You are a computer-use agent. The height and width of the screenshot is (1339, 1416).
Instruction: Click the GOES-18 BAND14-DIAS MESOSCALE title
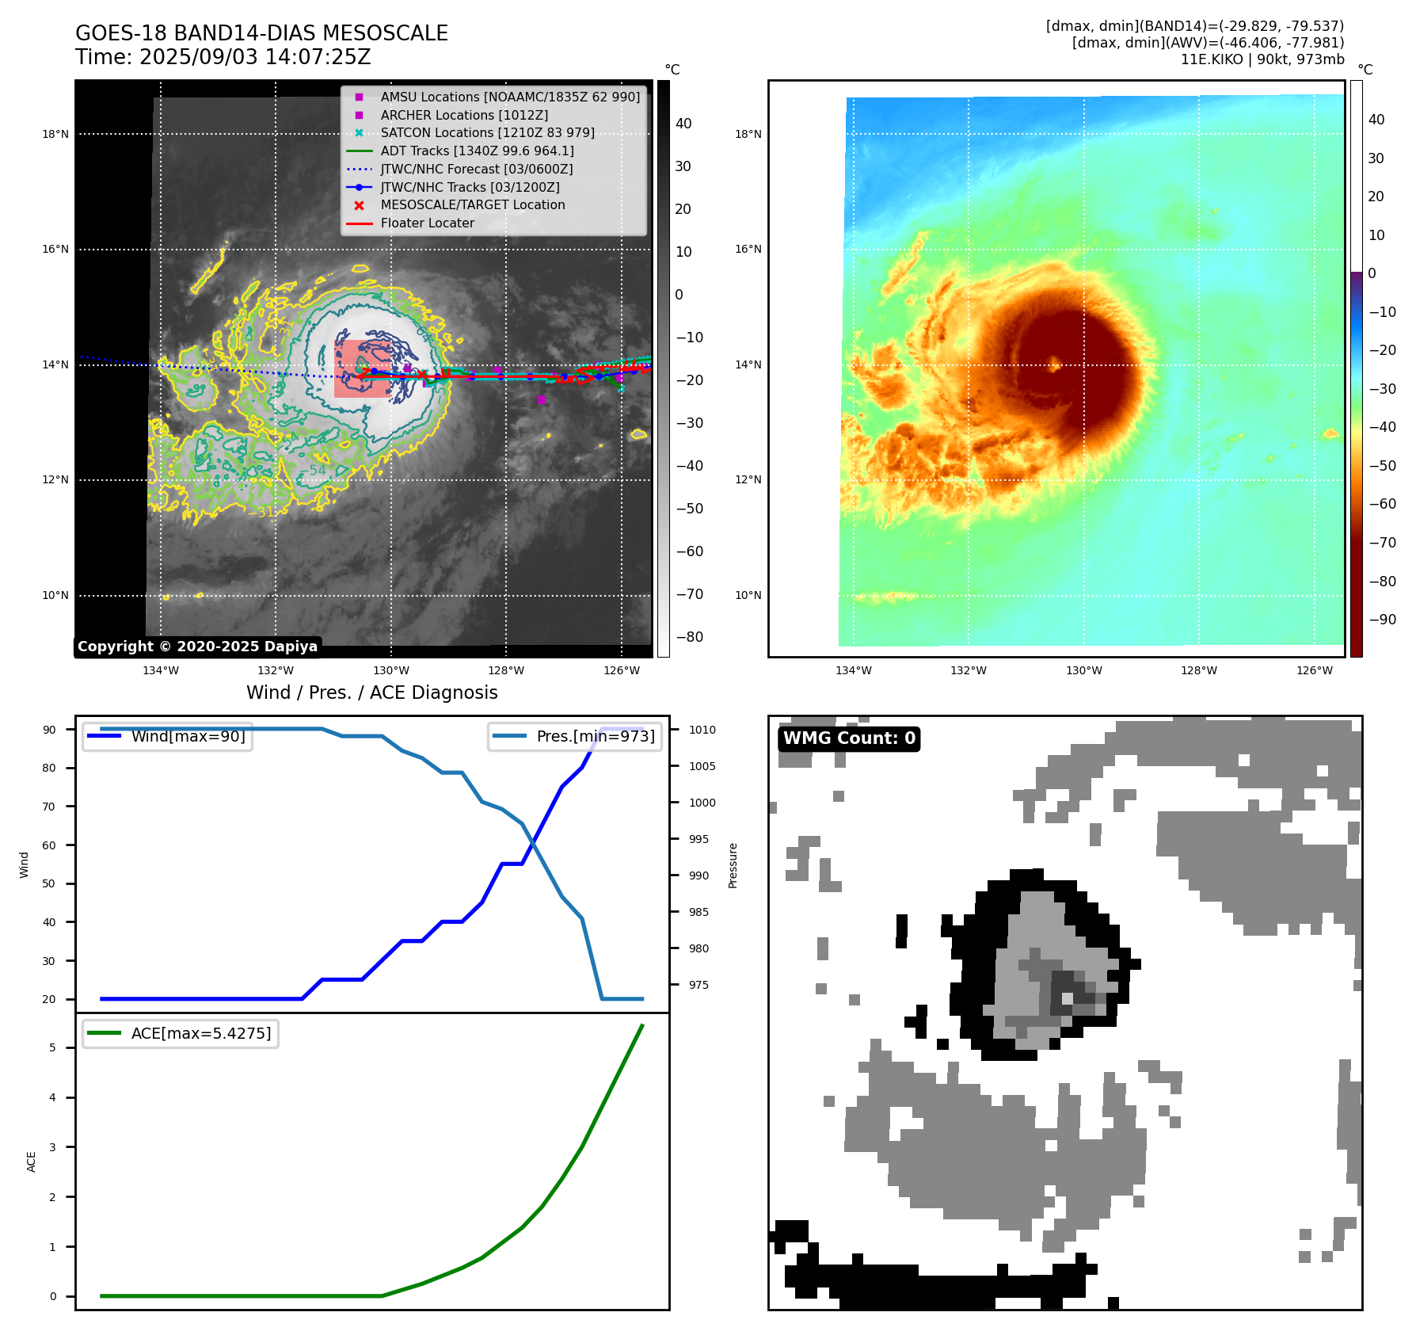tap(261, 33)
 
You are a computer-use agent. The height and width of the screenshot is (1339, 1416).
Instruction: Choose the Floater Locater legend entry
tap(427, 223)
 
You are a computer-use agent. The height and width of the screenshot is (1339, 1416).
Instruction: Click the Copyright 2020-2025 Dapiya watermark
tap(197, 647)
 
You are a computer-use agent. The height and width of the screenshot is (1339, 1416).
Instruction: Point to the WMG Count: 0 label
tap(849, 738)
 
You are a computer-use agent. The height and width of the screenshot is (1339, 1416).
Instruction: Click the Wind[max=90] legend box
tap(168, 736)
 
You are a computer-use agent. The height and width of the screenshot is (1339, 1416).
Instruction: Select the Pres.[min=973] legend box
tap(575, 736)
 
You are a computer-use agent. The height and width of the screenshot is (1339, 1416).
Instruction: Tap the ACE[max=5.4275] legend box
tap(181, 1033)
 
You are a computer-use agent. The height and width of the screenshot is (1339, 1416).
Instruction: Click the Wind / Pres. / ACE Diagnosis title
tap(372, 692)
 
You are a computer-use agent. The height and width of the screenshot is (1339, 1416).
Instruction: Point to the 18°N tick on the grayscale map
tap(55, 134)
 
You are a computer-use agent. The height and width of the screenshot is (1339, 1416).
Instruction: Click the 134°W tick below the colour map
tap(853, 670)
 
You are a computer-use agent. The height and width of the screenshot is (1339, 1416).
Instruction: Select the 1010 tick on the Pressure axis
tap(702, 730)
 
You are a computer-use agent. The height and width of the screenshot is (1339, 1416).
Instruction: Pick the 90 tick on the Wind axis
tap(49, 730)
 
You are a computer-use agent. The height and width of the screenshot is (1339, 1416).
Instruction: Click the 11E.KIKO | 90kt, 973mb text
tap(1262, 59)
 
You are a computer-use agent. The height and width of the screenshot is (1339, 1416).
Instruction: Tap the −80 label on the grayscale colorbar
tap(689, 637)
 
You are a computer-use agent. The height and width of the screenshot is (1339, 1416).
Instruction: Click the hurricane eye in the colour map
tap(1055, 364)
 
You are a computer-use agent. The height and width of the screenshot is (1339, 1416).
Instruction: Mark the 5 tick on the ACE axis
tap(53, 1047)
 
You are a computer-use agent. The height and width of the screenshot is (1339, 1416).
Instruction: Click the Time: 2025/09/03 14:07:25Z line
tap(223, 57)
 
